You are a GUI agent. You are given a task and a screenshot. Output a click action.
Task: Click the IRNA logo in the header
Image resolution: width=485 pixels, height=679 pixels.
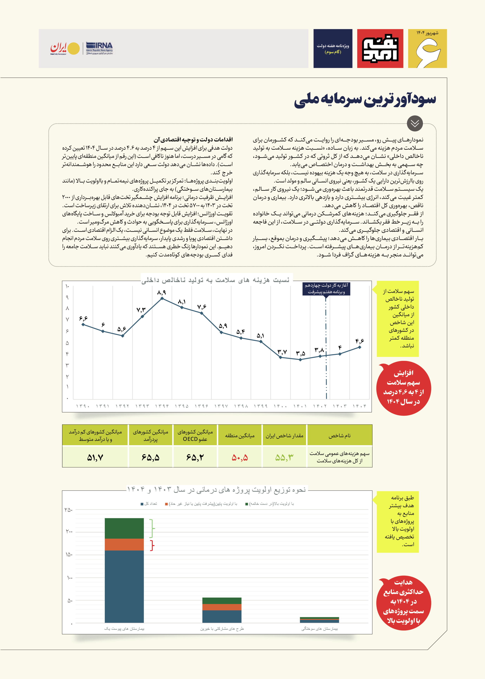99,48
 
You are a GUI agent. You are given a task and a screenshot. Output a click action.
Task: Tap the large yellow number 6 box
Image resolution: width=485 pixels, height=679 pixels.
427,49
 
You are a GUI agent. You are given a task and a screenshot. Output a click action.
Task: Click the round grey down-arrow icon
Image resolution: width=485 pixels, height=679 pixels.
415,123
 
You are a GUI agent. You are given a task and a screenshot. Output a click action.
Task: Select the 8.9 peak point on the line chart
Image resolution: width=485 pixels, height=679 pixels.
162,298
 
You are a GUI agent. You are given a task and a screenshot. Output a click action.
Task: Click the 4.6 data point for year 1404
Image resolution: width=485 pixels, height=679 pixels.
359,347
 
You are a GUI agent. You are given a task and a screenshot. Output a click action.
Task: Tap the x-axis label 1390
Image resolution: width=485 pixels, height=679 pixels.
83,406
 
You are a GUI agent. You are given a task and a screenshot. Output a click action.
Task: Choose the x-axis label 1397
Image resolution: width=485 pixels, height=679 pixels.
221,406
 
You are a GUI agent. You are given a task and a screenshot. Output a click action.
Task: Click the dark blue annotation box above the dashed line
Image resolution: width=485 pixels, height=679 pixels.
326,289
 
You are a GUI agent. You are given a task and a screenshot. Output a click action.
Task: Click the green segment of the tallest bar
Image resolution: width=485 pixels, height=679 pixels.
124,528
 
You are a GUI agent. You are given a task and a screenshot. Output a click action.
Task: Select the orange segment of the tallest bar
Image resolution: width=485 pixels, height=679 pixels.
124,544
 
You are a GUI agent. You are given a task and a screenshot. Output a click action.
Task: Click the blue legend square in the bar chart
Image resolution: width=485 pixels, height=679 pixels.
142,504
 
